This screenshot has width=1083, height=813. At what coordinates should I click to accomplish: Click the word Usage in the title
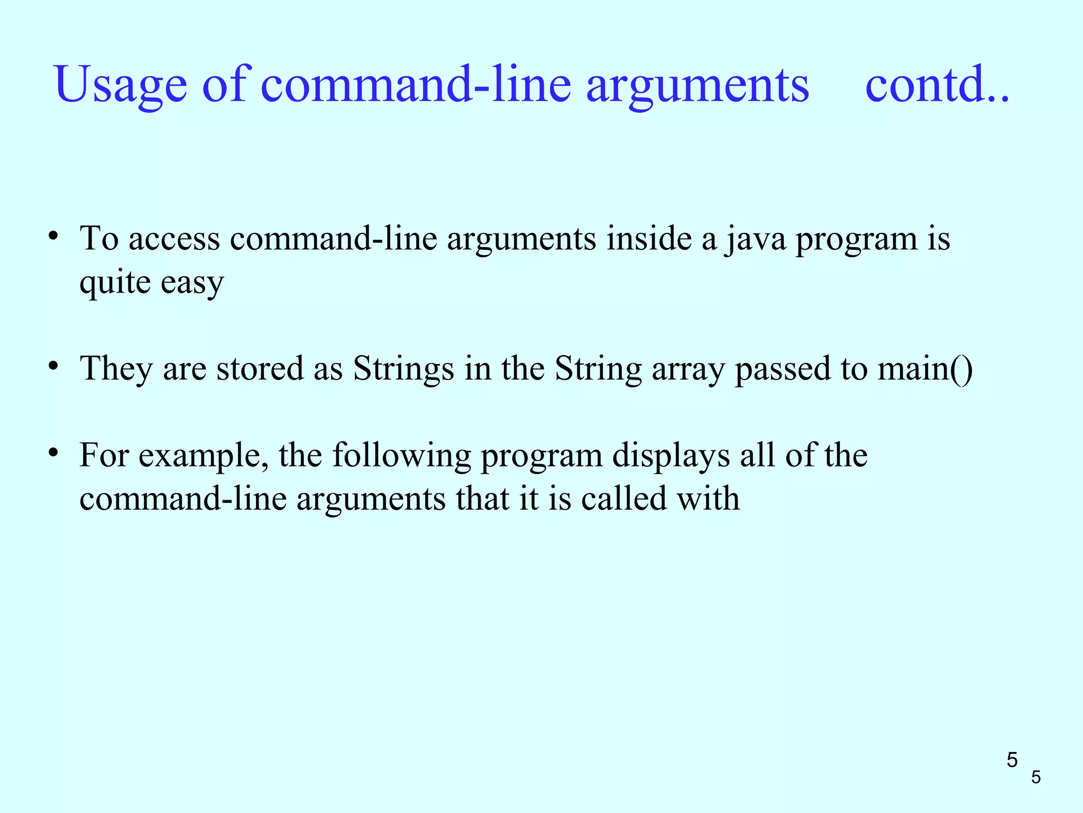[x=121, y=85]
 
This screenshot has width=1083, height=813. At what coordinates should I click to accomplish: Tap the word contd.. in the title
[x=937, y=85]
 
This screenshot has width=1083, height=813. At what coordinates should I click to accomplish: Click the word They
[x=116, y=368]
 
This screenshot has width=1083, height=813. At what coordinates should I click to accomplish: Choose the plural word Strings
[x=403, y=368]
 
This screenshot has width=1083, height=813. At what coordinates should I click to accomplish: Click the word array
[x=688, y=368]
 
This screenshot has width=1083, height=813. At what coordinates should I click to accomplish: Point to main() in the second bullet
[x=925, y=368]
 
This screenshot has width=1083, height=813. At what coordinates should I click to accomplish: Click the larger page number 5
[x=1012, y=760]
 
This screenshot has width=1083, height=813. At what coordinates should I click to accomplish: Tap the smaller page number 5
[x=1036, y=778]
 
